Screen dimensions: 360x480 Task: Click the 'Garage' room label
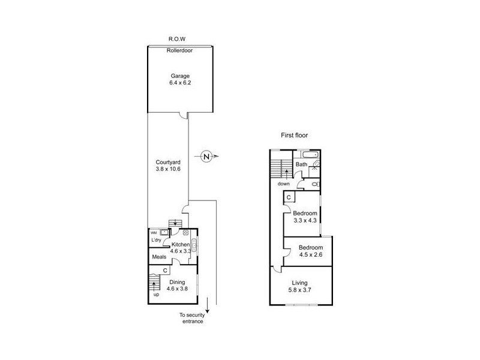(x=179, y=76)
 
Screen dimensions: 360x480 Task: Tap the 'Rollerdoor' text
(x=179, y=50)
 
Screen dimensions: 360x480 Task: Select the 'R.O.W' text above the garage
(x=179, y=40)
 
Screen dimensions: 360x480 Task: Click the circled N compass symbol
(x=206, y=157)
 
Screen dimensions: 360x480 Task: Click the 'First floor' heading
(x=294, y=136)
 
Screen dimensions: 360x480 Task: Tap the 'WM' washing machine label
(x=153, y=233)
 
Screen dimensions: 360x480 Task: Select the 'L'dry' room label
(x=156, y=241)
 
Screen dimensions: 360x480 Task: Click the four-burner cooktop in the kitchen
(x=186, y=233)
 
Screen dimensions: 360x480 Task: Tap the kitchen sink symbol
(x=194, y=245)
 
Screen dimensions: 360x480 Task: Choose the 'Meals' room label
(x=159, y=257)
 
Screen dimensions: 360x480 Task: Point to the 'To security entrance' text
(x=191, y=318)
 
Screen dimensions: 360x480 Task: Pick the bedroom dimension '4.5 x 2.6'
(x=311, y=255)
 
